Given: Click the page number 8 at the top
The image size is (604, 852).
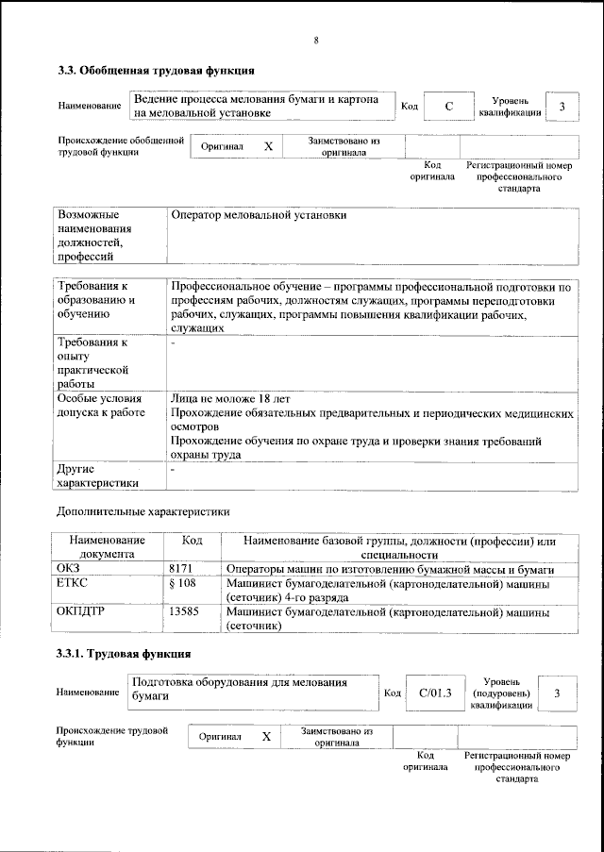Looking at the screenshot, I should click(x=316, y=40).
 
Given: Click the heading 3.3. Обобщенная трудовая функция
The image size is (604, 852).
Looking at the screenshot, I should click(x=156, y=71).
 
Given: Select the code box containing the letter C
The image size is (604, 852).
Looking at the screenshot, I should click(x=449, y=107).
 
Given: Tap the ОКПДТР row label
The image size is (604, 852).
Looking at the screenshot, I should click(x=82, y=612).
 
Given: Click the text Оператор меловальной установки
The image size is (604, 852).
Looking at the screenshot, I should click(x=259, y=215).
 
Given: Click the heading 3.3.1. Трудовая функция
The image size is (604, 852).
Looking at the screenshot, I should click(x=124, y=653).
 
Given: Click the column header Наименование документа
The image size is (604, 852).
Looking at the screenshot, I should click(x=107, y=546).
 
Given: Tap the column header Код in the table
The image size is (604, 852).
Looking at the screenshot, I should click(x=192, y=540).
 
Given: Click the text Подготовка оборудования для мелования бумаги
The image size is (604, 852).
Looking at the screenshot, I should click(x=239, y=688).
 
